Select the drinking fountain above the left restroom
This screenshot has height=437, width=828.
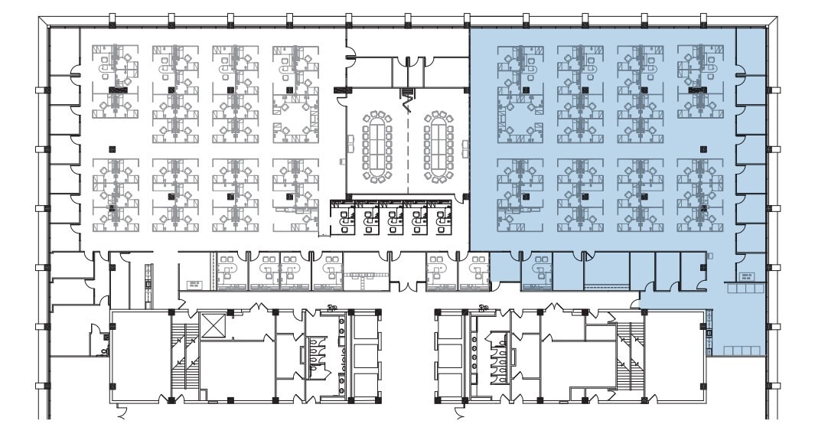332,308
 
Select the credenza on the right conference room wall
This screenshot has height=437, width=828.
466,145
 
